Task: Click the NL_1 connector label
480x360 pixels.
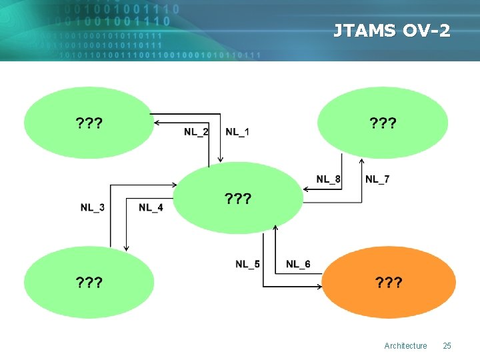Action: [238, 131]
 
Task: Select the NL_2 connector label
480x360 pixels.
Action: [196, 131]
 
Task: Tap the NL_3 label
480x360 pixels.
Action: [92, 207]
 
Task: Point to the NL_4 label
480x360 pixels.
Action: [151, 207]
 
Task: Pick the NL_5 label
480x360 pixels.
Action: [247, 264]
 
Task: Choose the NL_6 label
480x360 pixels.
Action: [298, 264]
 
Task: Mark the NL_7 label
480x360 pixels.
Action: [377, 179]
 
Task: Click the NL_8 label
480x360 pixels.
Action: [329, 179]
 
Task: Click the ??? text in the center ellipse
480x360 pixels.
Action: [238, 199]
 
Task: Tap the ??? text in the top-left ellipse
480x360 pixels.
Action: [89, 123]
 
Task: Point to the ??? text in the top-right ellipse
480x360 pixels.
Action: [383, 123]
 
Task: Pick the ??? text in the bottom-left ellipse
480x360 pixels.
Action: [89, 283]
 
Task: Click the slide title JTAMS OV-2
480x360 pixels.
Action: [392, 31]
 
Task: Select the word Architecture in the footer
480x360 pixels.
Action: [405, 345]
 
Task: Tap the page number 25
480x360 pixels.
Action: [447, 345]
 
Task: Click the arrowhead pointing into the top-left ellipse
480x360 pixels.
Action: [155, 123]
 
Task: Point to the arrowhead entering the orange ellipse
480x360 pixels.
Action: [320, 287]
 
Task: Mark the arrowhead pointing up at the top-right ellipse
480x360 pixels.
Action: [362, 161]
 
